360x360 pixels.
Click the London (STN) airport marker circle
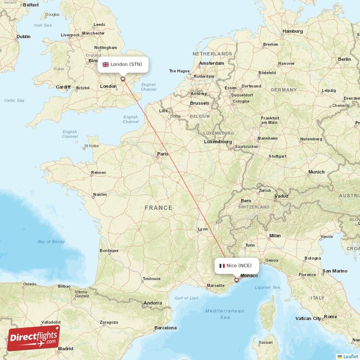tap(122, 79)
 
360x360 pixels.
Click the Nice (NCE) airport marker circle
tap(237, 280)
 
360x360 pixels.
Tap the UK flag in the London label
tap(106, 64)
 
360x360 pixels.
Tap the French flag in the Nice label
tap(222, 265)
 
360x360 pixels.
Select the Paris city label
tap(162, 154)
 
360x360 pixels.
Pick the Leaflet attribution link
tap(350, 356)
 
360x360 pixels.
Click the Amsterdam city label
tap(211, 63)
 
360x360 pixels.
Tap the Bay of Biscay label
tap(51, 242)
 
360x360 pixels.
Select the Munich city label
tap(316, 172)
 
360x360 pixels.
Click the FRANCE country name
tap(158, 207)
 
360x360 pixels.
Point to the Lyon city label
tap(202, 229)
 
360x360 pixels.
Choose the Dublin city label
tap(23, 36)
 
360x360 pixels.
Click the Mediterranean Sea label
tap(225, 314)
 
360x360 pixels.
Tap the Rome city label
tap(330, 317)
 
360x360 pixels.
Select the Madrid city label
tap(65, 348)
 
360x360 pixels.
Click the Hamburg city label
tap(292, 31)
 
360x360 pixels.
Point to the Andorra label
tap(152, 303)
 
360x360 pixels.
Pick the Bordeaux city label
tap(109, 250)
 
